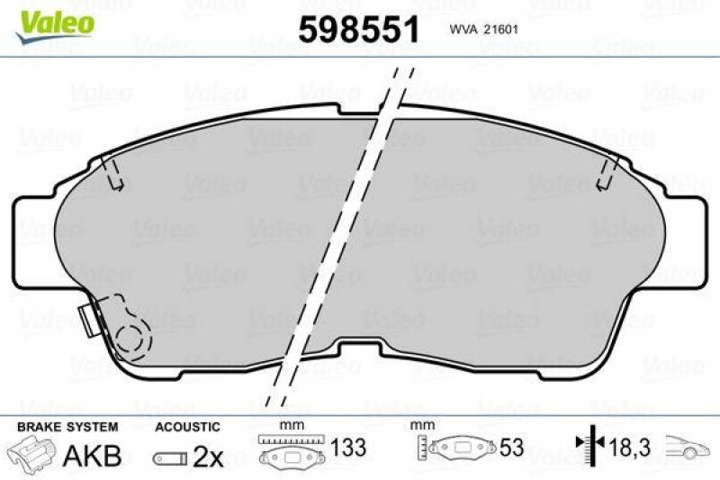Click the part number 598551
(359, 31)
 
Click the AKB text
(92, 456)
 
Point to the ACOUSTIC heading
(187, 427)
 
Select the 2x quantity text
(208, 457)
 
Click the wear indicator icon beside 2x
(171, 457)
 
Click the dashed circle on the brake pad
(133, 340)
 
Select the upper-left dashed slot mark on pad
(112, 173)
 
